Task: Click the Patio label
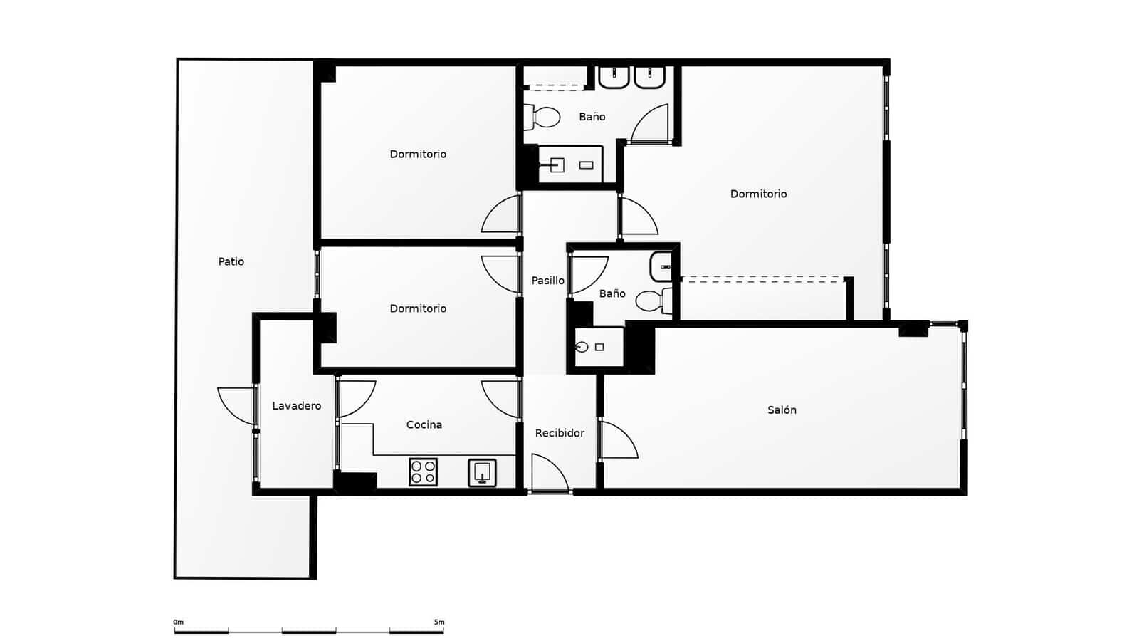pos(231,261)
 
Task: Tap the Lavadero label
pos(296,406)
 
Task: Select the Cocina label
pos(424,424)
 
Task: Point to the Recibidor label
pos(560,433)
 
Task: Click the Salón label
pos(782,410)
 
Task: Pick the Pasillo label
pos(547,281)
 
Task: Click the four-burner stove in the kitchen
pos(423,472)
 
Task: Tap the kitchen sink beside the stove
pos(482,472)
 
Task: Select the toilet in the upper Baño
pos(542,118)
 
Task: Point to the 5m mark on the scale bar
pos(439,622)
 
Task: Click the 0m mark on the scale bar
pos(178,622)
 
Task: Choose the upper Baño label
pos(592,117)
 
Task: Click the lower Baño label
pos(612,293)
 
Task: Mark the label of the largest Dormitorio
pos(758,194)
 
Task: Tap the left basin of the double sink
pos(613,77)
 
